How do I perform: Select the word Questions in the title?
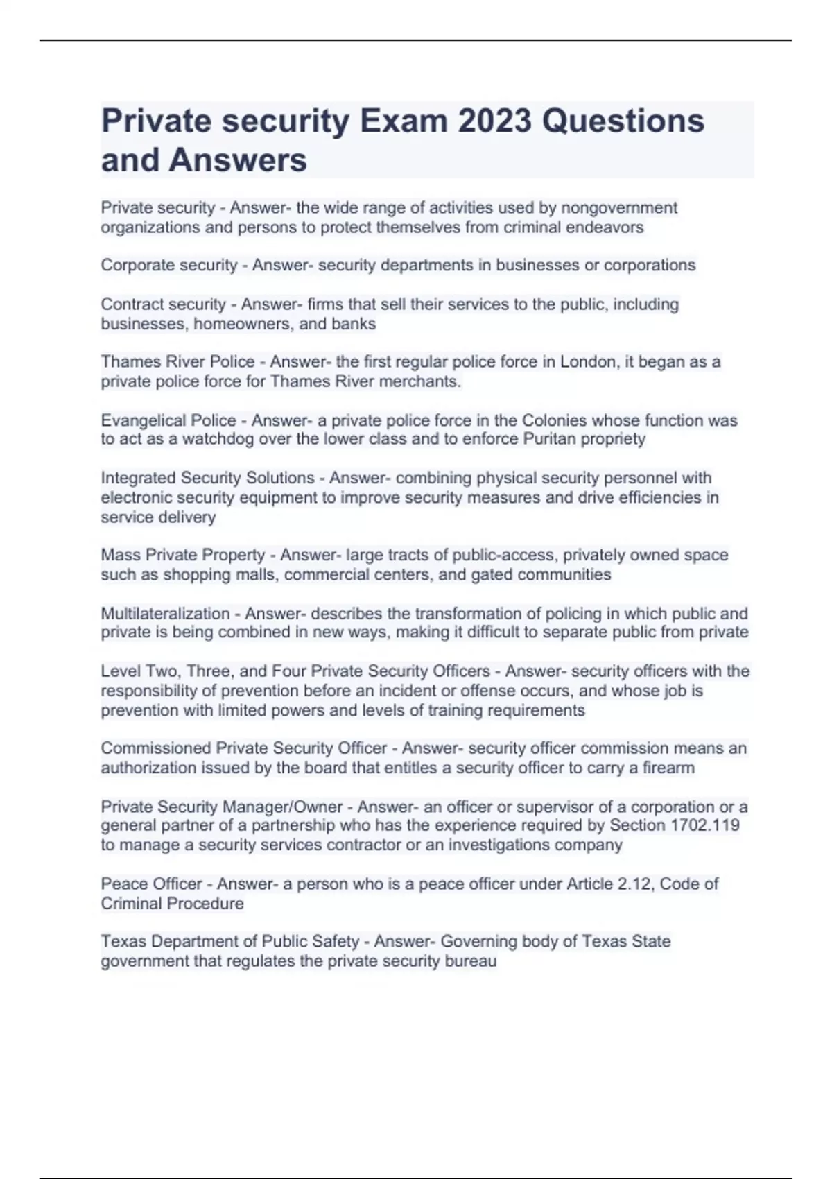623,121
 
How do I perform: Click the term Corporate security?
169,266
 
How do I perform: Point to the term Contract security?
164,304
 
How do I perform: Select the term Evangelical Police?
168,420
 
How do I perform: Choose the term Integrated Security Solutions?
207,478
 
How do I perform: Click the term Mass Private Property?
183,555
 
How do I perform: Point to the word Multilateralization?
165,614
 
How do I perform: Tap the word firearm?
668,768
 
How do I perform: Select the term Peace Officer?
151,884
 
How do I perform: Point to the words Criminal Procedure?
172,904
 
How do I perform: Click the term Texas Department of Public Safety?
230,942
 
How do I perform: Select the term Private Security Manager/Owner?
222,807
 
